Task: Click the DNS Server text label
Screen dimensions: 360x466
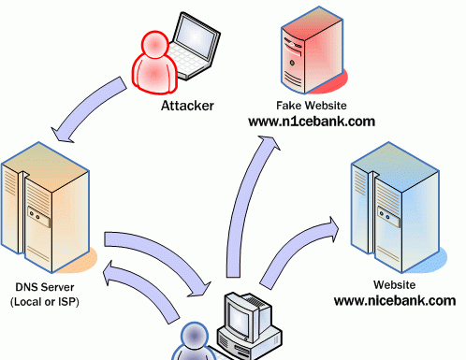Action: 47,287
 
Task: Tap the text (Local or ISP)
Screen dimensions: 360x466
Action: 47,302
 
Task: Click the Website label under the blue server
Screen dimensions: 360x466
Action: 394,285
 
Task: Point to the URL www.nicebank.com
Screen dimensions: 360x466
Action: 394,301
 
